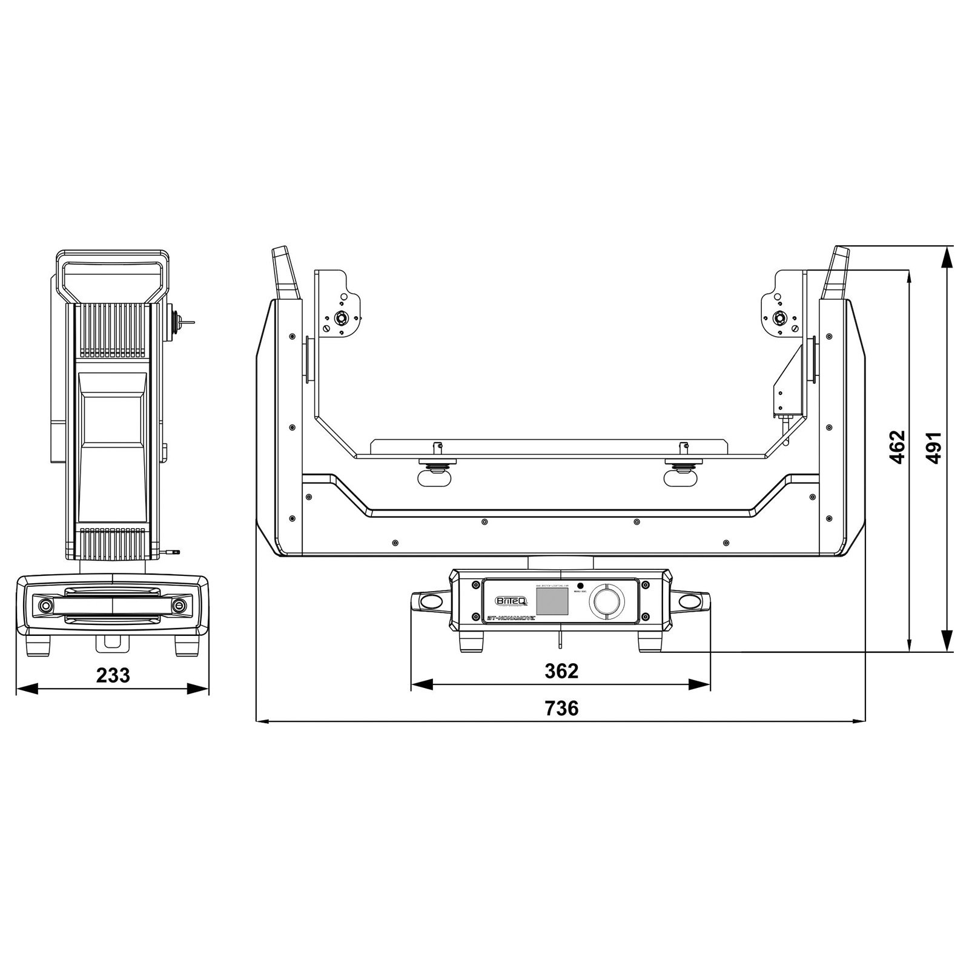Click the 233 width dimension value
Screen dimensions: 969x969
(113, 675)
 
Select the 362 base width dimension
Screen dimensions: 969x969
(561, 670)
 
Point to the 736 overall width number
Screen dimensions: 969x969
(561, 707)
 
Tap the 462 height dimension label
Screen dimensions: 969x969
(898, 447)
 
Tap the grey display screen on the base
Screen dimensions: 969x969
(552, 601)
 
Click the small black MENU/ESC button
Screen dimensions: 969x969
(580, 586)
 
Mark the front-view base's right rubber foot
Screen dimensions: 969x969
(649, 642)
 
